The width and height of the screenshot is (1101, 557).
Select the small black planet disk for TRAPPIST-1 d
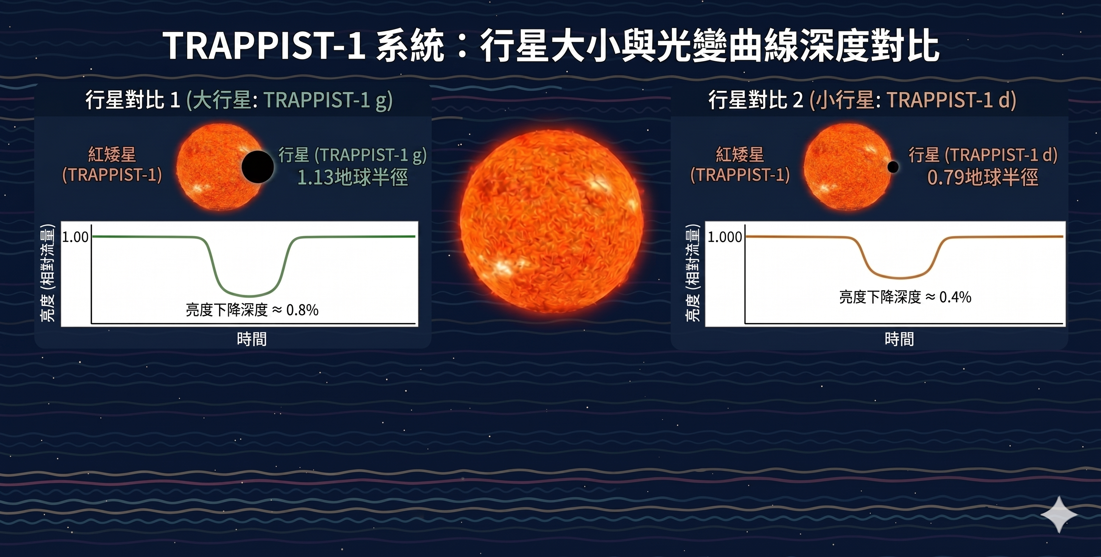tap(893, 167)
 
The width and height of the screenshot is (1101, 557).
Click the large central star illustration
tap(551, 221)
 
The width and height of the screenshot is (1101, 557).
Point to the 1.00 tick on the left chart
tap(75, 237)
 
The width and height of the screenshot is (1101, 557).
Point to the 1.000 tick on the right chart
tap(725, 237)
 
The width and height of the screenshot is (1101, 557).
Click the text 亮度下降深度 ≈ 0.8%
tap(252, 310)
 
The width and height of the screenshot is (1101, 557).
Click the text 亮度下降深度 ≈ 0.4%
tap(905, 297)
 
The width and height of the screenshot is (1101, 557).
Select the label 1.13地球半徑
tap(353, 177)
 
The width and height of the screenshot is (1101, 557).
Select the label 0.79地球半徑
tap(982, 177)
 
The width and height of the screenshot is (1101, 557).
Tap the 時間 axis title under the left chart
tap(252, 339)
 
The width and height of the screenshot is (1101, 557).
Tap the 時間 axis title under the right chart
tap(899, 339)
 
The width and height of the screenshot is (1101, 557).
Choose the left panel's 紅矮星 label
tap(112, 154)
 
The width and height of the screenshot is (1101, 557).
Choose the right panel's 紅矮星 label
tap(740, 154)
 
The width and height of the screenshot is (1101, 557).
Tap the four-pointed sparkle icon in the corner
tap(1059, 514)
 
